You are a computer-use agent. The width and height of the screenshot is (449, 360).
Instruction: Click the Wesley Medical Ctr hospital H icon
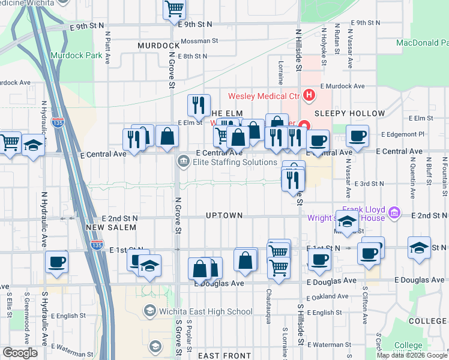pos(309,95)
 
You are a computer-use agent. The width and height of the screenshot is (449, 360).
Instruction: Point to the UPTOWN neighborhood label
pos(224,215)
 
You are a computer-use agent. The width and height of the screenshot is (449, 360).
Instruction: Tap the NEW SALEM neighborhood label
pos(111,228)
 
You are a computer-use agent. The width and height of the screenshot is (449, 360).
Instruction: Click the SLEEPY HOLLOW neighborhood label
pos(349,113)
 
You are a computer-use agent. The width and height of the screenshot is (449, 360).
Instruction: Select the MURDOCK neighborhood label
pos(158,46)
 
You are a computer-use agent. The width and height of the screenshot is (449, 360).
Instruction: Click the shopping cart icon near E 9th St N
pos(174,8)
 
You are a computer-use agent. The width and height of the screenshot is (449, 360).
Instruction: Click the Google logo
pos(20,353)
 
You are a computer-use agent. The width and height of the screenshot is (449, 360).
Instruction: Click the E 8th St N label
pos(192,56)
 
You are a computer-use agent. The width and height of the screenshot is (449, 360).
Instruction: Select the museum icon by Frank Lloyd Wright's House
pos(394,212)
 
